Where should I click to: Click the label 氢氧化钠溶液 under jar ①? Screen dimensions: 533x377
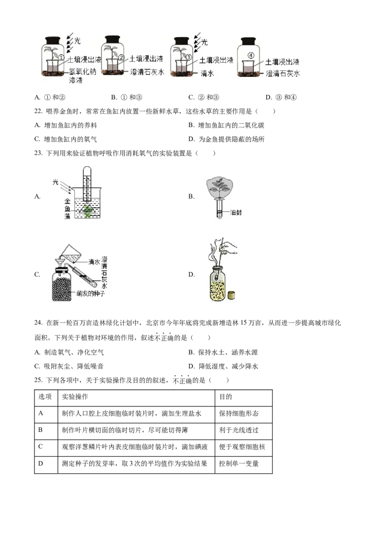pyautogui.click(x=85, y=77)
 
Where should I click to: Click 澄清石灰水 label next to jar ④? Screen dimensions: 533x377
pyautogui.click(x=283, y=73)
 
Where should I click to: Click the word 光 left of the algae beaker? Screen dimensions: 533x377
pyautogui.click(x=55, y=182)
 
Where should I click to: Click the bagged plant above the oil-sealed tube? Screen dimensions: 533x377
pyautogui.click(x=221, y=187)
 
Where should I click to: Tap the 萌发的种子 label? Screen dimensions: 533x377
pyautogui.click(x=91, y=294)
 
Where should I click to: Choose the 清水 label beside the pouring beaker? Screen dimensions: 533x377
pyautogui.click(x=94, y=261)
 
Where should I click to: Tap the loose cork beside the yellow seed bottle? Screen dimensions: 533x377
pyautogui.click(x=231, y=296)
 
